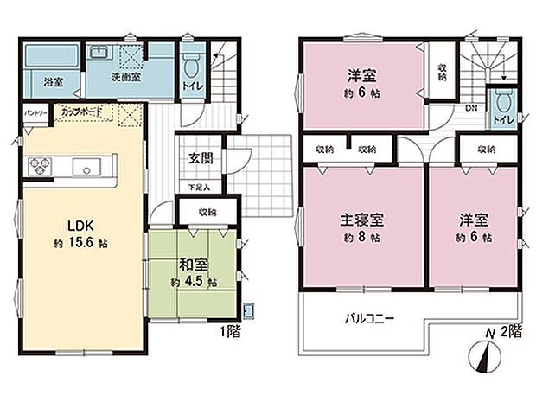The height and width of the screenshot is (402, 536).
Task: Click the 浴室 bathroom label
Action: point(53,82)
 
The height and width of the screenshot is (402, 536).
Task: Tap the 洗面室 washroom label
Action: point(125,76)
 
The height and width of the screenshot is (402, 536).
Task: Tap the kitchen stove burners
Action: point(41,164)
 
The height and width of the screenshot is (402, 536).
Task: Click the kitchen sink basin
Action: point(86,165)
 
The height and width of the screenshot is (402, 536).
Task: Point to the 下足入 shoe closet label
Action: point(200,187)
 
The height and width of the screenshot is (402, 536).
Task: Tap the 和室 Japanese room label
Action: point(194,265)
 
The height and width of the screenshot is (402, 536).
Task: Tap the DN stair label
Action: point(471,109)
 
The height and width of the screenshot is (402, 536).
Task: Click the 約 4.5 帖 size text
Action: point(194,283)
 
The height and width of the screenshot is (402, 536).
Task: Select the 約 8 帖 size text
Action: point(363,238)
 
